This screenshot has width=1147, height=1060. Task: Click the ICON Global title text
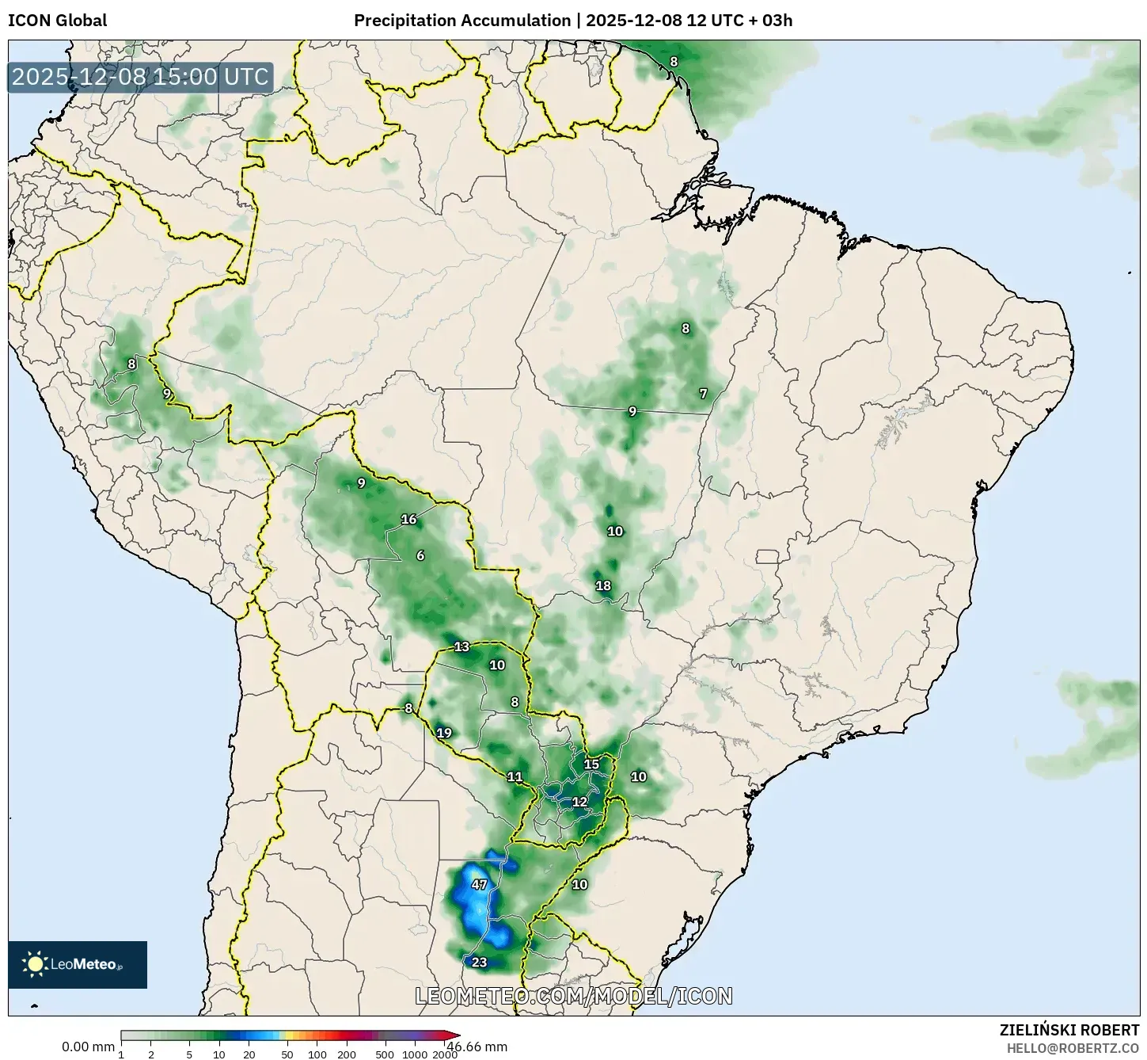pyautogui.click(x=57, y=21)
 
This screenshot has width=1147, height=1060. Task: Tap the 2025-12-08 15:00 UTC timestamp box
pyautogui.click(x=140, y=77)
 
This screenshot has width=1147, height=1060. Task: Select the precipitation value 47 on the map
pyautogui.click(x=479, y=884)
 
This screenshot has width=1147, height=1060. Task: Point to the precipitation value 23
pyautogui.click(x=479, y=963)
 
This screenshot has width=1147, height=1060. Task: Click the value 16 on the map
pyautogui.click(x=408, y=520)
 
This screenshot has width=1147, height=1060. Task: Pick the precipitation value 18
pyautogui.click(x=603, y=585)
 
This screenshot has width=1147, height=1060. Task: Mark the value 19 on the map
pyautogui.click(x=444, y=733)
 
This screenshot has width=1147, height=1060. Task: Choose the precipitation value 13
pyautogui.click(x=461, y=647)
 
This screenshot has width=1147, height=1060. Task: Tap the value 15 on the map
pyautogui.click(x=591, y=764)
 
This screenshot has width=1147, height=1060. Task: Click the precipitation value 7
pyautogui.click(x=703, y=394)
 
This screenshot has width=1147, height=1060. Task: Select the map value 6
pyautogui.click(x=420, y=555)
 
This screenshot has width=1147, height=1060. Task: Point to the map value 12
pyautogui.click(x=579, y=802)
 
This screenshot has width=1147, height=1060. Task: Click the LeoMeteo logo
pyautogui.click(x=78, y=964)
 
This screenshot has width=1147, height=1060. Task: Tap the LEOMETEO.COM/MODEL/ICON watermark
pyautogui.click(x=574, y=996)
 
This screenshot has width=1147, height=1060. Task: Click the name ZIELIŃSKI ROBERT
pyautogui.click(x=1069, y=1031)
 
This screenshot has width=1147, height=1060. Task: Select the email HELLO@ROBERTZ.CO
pyautogui.click(x=1073, y=1048)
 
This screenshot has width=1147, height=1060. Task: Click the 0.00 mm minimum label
pyautogui.click(x=88, y=1047)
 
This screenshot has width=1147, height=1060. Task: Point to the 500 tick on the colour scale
pyautogui.click(x=385, y=1054)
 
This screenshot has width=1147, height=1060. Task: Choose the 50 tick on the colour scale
pyautogui.click(x=287, y=1054)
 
